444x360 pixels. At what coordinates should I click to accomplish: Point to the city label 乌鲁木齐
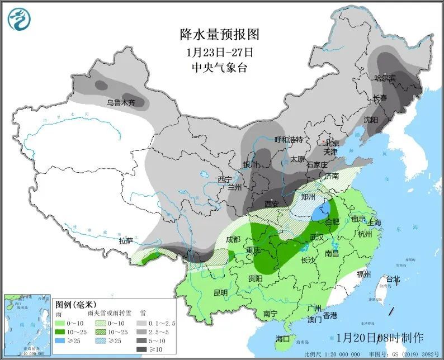(121, 103)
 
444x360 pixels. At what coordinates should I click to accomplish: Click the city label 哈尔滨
(385, 78)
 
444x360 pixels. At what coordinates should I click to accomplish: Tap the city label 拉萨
(126, 241)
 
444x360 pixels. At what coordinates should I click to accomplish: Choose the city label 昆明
(220, 292)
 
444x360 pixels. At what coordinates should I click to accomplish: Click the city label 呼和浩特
(288, 139)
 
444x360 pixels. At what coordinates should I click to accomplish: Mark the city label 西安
(271, 204)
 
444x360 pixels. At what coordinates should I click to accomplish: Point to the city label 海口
(283, 339)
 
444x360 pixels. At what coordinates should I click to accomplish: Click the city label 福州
(364, 274)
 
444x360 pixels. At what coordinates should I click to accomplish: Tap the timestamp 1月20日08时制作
(380, 338)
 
